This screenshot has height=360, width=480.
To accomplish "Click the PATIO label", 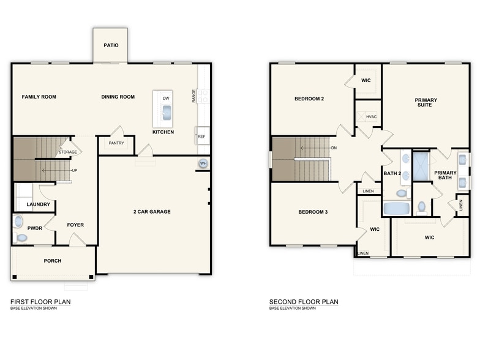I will (x=111, y=45).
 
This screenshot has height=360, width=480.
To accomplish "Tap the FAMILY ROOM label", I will (x=39, y=97).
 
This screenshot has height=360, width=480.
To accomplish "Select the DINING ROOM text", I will (x=118, y=97).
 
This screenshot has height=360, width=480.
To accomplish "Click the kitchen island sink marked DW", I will (x=166, y=111).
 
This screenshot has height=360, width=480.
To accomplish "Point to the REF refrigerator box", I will (x=201, y=137).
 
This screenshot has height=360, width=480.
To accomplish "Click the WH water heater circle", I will (x=203, y=163).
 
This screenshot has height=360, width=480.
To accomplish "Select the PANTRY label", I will (x=116, y=143).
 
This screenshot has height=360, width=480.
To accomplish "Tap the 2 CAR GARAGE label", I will (x=152, y=212).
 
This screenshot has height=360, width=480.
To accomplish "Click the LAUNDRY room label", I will (x=38, y=204).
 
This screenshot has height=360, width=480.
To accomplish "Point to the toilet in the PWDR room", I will (x=22, y=238).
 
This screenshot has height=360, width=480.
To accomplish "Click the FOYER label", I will (x=75, y=225).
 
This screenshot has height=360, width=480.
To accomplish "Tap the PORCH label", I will (x=53, y=261).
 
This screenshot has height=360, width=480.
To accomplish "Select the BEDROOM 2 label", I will (x=309, y=99).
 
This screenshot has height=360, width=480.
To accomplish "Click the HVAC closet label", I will (x=371, y=116).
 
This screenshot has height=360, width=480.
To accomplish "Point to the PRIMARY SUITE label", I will (x=423, y=102).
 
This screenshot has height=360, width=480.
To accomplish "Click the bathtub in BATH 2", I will (x=397, y=208).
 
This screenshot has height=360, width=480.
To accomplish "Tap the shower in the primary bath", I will (x=421, y=166).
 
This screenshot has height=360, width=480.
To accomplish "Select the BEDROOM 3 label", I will (x=313, y=212).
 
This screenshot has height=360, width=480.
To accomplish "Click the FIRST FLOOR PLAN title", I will (x=40, y=302).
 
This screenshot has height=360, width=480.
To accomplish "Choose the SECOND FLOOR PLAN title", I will (x=304, y=302).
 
